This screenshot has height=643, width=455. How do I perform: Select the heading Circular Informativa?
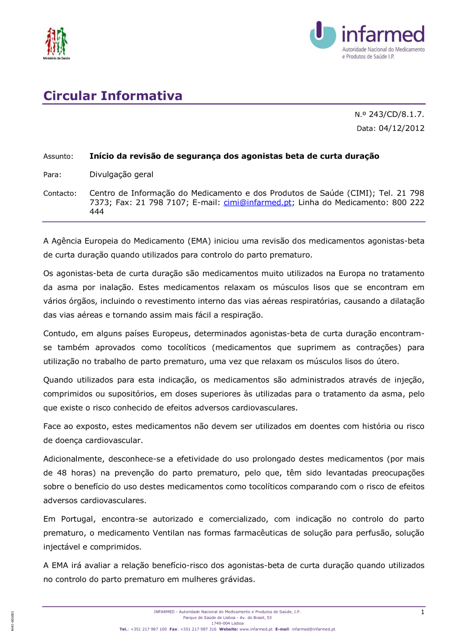coord(113,96)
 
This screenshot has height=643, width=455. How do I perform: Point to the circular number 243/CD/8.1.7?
coord(396,115)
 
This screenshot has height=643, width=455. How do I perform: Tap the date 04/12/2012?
coord(401,128)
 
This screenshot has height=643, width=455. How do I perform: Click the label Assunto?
coord(58,156)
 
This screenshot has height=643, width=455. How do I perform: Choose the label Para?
coord(52,175)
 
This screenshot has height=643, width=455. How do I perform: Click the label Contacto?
coord(60,193)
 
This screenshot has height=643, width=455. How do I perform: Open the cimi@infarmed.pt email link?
coord(258,203)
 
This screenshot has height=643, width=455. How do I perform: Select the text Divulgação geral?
coord(121,175)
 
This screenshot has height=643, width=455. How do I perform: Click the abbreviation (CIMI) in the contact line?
coord(360,193)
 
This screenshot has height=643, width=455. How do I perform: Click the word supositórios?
coord(131,394)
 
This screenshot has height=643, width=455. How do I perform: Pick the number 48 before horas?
coord(61,473)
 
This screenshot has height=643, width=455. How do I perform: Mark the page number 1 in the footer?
coord(422,612)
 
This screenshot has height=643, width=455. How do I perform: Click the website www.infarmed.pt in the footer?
coord(256,629)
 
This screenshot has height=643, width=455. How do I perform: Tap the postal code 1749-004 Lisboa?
coord(227,623)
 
